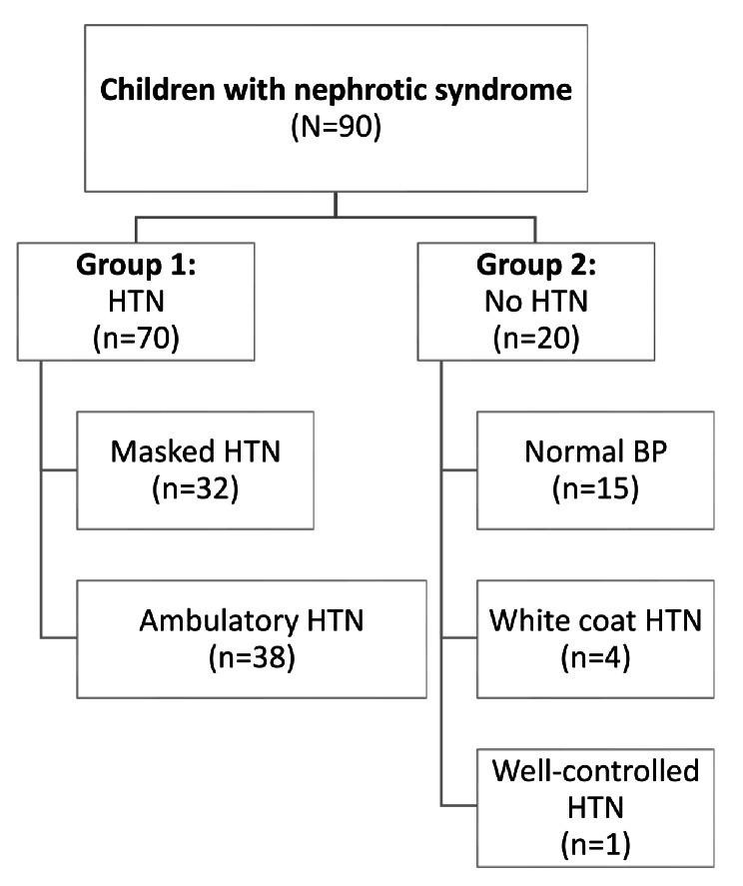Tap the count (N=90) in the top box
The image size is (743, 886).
(x=337, y=128)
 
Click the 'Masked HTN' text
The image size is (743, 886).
(x=196, y=452)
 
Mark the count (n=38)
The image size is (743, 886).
(x=252, y=658)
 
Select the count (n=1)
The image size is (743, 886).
(x=596, y=845)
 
